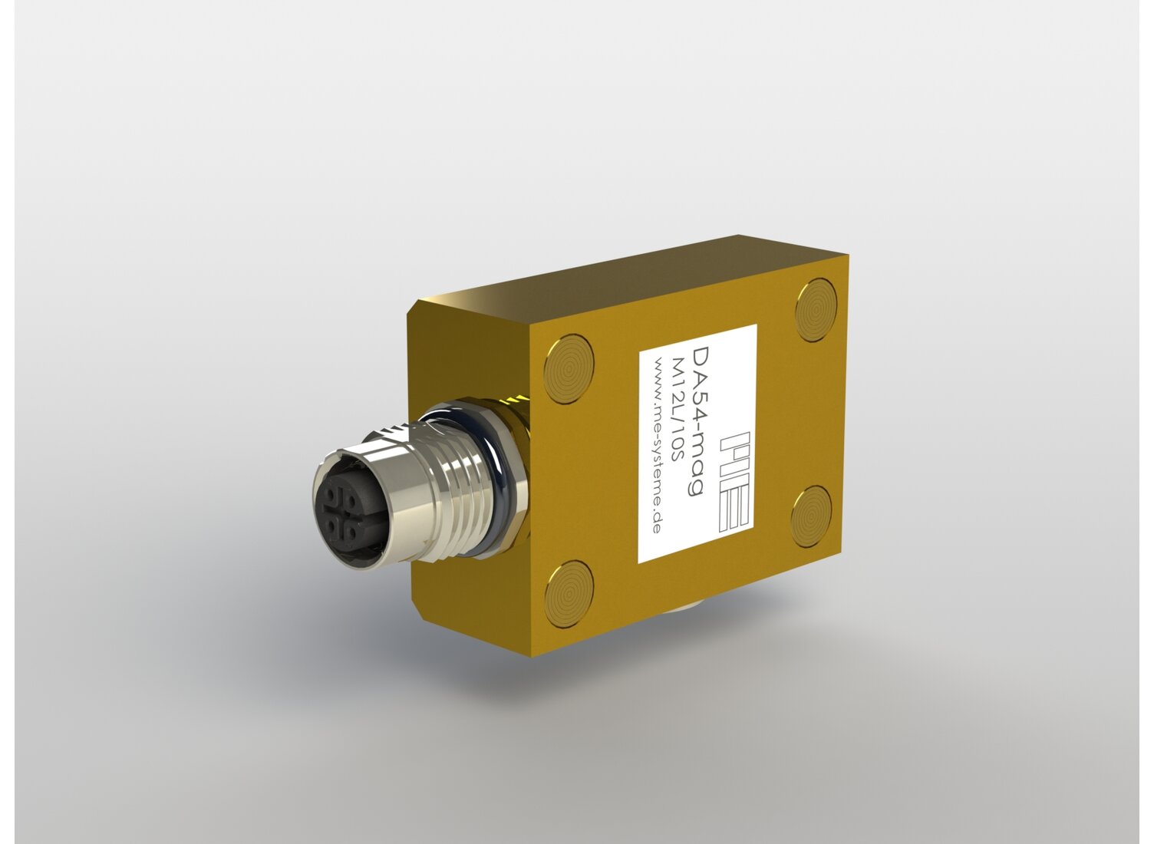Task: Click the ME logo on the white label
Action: pos(735,480)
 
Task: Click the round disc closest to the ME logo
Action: pos(811,516)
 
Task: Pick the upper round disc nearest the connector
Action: pos(569,368)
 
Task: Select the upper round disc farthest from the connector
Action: pos(816,310)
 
